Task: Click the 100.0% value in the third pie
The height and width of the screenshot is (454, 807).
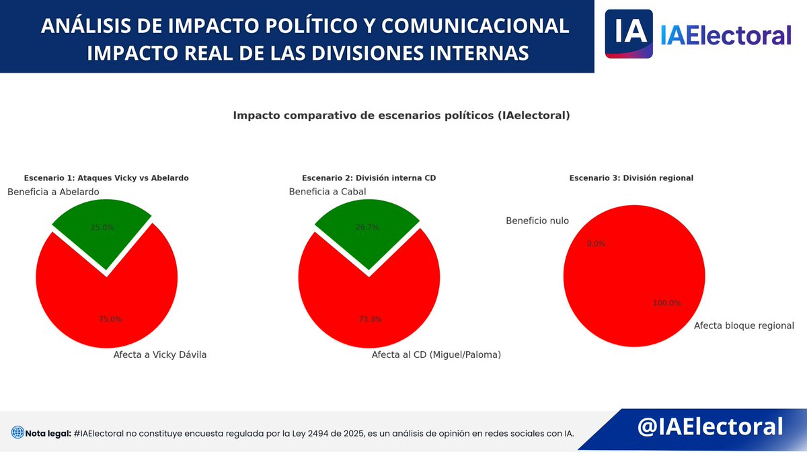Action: click(666, 303)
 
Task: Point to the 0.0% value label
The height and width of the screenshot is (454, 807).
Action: click(596, 243)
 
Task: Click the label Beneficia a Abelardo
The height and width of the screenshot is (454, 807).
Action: click(53, 192)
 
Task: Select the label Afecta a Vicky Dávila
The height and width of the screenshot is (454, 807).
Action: click(160, 355)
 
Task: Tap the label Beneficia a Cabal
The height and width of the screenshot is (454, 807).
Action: click(328, 192)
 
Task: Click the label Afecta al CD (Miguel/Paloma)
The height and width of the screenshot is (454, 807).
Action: click(436, 354)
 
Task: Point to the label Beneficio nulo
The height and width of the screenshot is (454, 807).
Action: click(537, 221)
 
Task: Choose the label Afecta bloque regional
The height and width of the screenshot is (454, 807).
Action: click(744, 326)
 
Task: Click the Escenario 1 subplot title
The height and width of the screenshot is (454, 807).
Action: click(106, 178)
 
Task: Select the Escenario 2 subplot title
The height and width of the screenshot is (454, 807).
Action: click(369, 178)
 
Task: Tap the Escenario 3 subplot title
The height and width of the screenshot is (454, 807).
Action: click(631, 178)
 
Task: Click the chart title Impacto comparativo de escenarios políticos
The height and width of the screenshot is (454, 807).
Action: click(401, 116)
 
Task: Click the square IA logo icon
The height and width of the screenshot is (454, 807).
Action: click(629, 34)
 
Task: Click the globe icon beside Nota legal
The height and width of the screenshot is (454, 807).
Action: click(17, 433)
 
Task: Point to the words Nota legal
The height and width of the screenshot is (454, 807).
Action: click(48, 433)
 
